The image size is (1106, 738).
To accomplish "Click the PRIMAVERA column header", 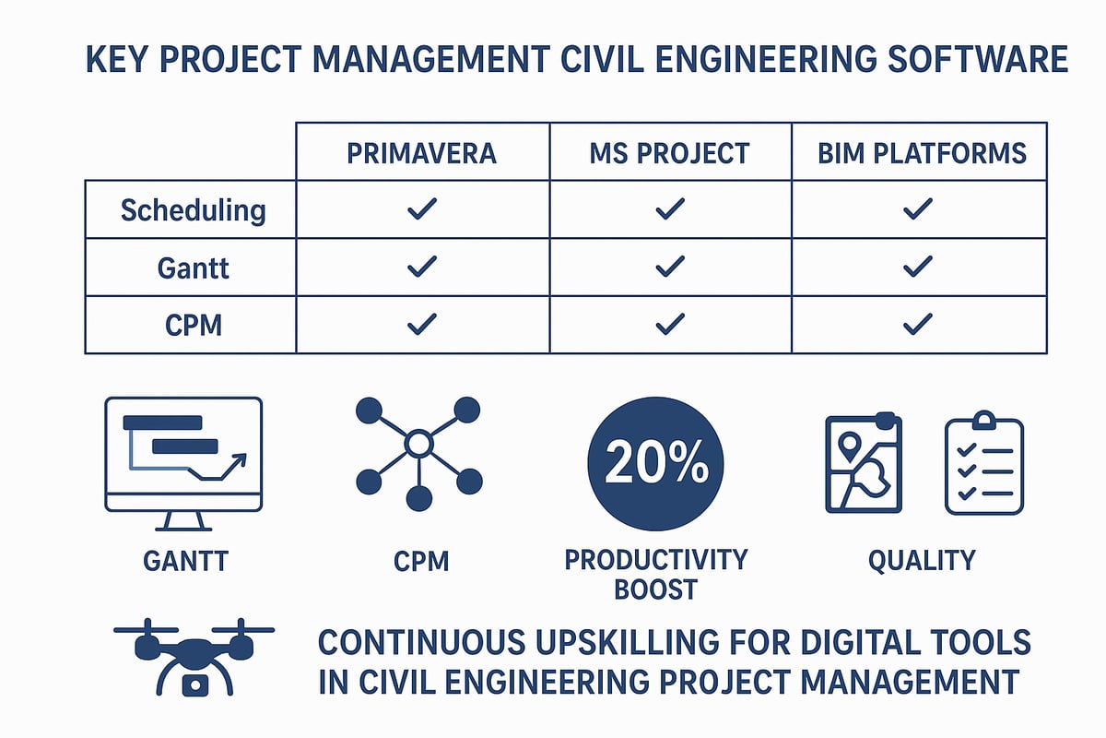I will point(422,152).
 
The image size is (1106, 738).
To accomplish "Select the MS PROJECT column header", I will point(670,152).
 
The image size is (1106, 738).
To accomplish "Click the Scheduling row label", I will point(193,210).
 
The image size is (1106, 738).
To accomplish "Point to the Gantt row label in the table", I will point(193,268).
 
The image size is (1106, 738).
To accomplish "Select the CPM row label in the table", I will point(193,325).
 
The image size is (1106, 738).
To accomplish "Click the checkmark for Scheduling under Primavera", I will point(421,211).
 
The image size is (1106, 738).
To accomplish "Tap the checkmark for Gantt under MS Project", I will point(670,268).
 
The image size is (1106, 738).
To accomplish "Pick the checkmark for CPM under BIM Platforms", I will point(918,325).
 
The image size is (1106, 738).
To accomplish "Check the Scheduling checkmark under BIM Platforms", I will point(918,211).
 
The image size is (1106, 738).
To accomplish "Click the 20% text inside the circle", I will point(655,462).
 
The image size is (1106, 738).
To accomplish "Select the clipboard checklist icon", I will point(984,462).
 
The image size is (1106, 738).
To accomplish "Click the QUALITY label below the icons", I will point(921,559).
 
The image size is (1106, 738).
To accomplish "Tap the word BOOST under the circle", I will point(655,589).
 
